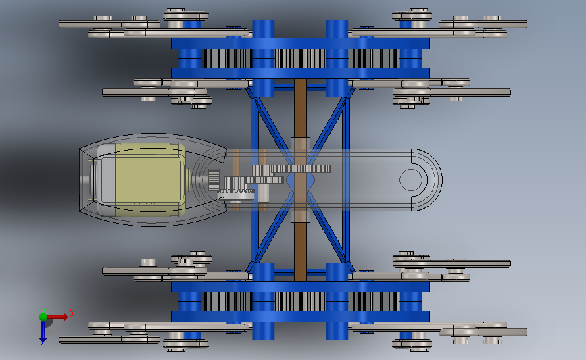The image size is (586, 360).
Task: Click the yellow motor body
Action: coord(149,180)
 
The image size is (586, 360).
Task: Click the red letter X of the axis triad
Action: coord(72,313)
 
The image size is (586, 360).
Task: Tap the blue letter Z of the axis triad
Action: coord(42,344)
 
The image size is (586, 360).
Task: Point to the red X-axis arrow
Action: coord(57,317)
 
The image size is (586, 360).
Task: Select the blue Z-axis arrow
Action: coord(43,330)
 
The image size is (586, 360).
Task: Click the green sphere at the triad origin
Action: coord(43,317)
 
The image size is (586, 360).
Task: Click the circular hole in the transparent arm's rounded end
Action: coord(411,180)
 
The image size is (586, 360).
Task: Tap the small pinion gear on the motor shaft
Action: coord(214,180)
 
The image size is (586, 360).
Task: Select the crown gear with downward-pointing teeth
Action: coord(236,192)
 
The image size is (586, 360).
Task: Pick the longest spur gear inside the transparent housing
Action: coord(291,169)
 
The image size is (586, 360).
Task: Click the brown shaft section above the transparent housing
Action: coord(301,108)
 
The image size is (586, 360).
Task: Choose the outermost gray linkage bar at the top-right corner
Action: coord(483,24)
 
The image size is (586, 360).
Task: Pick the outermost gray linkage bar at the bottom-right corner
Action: coord(483,332)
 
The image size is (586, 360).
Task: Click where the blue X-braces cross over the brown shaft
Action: coord(301,180)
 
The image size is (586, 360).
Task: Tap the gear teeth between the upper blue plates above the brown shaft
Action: coord(301,58)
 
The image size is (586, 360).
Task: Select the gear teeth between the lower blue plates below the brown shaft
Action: coord(301,302)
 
